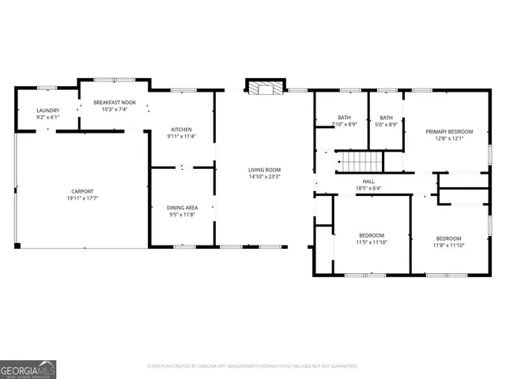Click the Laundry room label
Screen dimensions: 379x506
[47, 111]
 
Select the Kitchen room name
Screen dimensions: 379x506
[182, 129]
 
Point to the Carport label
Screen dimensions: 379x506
[82, 191]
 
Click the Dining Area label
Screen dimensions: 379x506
[182, 207]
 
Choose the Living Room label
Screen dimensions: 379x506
[264, 170]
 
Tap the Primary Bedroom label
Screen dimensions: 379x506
[449, 131]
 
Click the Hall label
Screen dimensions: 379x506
[368, 182]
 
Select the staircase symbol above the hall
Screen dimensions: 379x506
[362, 162]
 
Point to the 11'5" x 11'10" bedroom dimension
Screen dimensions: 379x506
[372, 243]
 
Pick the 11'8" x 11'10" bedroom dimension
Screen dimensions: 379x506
[449, 246]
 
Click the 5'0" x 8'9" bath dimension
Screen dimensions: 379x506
[386, 124]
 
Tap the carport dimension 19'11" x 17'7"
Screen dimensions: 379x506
[82, 198]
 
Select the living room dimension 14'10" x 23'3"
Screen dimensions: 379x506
[264, 177]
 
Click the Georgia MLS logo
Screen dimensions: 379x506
[28, 369]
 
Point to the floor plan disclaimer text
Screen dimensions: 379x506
[253, 366]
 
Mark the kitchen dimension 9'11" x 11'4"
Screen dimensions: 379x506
[182, 137]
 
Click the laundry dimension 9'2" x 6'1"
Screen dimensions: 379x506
[47, 118]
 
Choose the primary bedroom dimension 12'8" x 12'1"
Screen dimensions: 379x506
[449, 138]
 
